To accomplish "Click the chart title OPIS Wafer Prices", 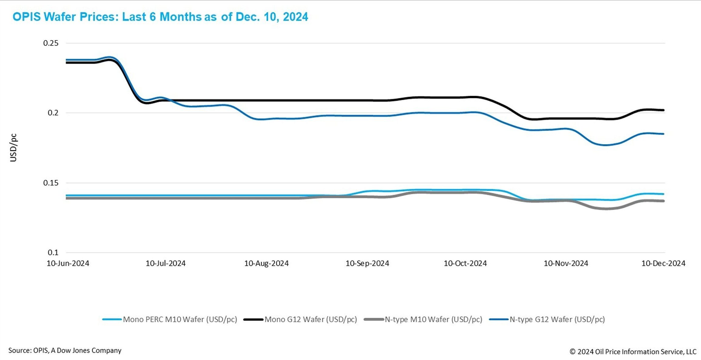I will [160, 17].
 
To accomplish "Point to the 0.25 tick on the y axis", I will [51, 43].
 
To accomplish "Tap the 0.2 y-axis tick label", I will [53, 113].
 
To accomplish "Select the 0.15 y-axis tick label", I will [51, 183].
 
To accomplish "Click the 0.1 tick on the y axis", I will [53, 252].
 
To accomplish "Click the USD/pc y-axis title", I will [13, 148].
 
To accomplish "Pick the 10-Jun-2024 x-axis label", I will [68, 263].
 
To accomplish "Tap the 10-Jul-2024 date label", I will [165, 263].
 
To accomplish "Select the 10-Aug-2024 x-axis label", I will [266, 263].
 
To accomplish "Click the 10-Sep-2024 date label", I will [367, 263].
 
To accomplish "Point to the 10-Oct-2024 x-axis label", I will [465, 263].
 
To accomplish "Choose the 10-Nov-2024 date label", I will [566, 263].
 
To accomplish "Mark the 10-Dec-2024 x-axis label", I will [663, 263].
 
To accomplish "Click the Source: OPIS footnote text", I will [65, 350].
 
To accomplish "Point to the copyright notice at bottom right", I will [633, 352].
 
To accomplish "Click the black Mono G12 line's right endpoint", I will [663, 110].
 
